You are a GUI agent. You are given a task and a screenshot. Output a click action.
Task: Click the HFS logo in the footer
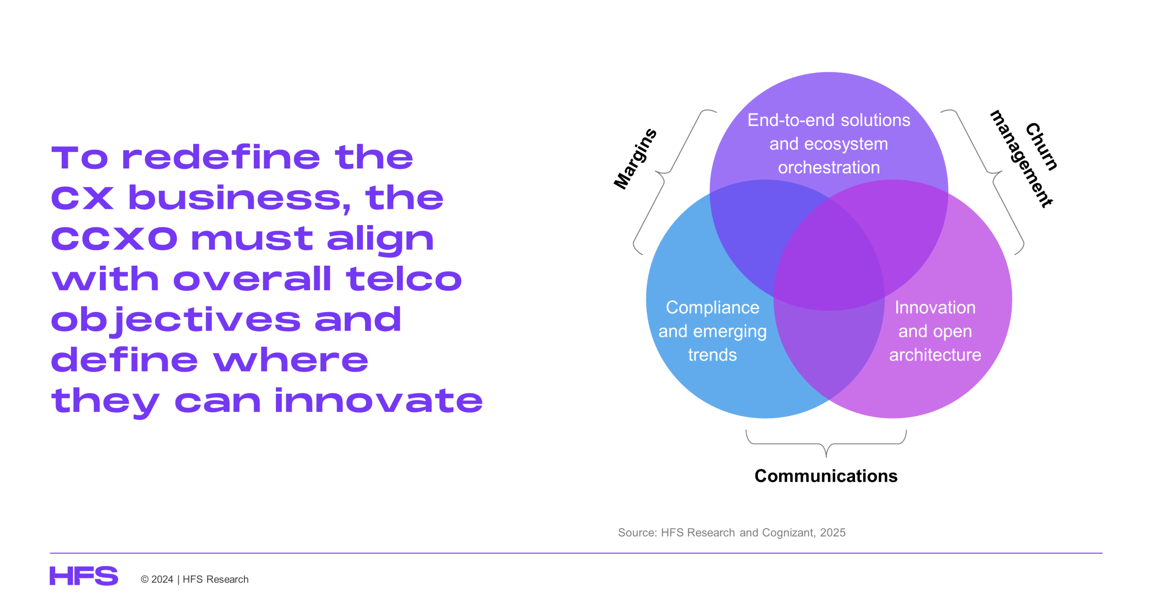[x=84, y=576]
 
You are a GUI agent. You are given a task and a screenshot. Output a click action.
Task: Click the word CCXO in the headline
[x=114, y=238]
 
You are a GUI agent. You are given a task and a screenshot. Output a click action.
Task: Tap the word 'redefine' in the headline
[x=221, y=157]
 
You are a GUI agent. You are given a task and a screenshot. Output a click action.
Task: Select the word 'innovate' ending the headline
[x=378, y=400]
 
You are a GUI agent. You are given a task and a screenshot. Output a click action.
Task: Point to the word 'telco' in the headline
[x=404, y=279]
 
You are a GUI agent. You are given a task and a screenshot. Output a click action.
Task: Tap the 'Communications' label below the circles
[x=826, y=476]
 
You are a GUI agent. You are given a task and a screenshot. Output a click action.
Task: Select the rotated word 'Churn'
[x=1041, y=147]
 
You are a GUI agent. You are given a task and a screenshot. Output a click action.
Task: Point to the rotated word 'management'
[x=1021, y=159]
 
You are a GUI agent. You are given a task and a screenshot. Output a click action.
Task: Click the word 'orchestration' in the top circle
[x=829, y=167]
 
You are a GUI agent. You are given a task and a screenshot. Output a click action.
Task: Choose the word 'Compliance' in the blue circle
[x=712, y=308]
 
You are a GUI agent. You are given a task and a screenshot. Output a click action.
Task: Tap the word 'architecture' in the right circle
[x=935, y=355]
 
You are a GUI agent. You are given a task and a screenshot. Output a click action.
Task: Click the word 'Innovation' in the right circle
[x=935, y=308]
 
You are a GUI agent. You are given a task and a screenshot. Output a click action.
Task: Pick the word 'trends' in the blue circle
[x=712, y=355]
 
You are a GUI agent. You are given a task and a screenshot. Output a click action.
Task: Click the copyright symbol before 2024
[x=144, y=579]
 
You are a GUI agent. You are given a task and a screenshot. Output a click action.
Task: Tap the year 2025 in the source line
[x=832, y=533]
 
